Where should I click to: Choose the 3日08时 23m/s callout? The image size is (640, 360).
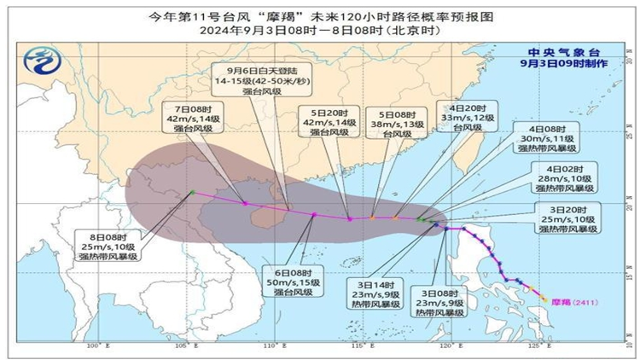click(442, 301)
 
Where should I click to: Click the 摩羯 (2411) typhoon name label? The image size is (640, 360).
click(570, 301)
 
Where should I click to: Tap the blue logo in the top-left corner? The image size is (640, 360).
click(39, 61)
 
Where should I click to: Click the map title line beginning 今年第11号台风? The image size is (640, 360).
click(320, 15)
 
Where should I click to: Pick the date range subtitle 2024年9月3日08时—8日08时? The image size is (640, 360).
click(320, 30)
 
